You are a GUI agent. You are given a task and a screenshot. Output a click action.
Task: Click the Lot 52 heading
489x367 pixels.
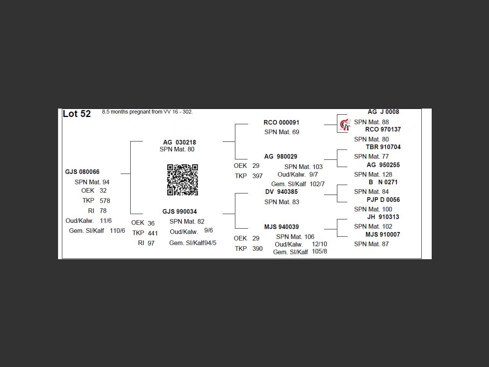[x=77, y=114]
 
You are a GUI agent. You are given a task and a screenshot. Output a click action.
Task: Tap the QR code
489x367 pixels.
[x=183, y=180]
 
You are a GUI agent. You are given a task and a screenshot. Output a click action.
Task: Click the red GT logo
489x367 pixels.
[x=345, y=125]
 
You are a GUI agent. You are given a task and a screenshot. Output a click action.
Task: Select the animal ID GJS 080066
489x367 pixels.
[x=82, y=172]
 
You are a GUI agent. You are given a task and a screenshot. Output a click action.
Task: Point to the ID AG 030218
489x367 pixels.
[x=180, y=142]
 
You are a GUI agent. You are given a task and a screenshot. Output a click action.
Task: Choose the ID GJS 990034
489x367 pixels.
[x=180, y=211]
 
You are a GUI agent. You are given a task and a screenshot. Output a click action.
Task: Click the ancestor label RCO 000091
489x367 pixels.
[x=282, y=123]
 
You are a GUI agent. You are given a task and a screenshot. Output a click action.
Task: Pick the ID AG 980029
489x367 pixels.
[x=281, y=157]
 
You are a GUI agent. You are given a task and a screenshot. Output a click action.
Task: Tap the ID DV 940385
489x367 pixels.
[x=282, y=192]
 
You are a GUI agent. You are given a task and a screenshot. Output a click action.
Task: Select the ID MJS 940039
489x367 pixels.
[x=282, y=227]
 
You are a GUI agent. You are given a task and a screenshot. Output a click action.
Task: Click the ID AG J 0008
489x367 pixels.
[x=383, y=112]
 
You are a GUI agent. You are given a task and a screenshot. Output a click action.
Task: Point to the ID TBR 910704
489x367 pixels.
[x=383, y=147]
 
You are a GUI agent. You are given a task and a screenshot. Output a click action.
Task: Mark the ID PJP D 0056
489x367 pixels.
[x=383, y=200]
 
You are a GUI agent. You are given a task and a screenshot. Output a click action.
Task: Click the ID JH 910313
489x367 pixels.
[x=383, y=217]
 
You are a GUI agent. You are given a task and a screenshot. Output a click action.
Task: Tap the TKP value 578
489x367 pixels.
[x=105, y=201]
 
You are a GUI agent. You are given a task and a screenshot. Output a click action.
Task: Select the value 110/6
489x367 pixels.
[x=117, y=231]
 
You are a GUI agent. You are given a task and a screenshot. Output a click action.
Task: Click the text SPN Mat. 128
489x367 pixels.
[x=373, y=174]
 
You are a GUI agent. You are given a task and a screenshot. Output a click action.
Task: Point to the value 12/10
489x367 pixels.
[x=319, y=244]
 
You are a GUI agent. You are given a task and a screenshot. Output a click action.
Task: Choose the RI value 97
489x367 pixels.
[x=151, y=243]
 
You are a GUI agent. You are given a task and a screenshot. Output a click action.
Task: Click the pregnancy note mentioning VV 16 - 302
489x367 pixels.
[x=147, y=112]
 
